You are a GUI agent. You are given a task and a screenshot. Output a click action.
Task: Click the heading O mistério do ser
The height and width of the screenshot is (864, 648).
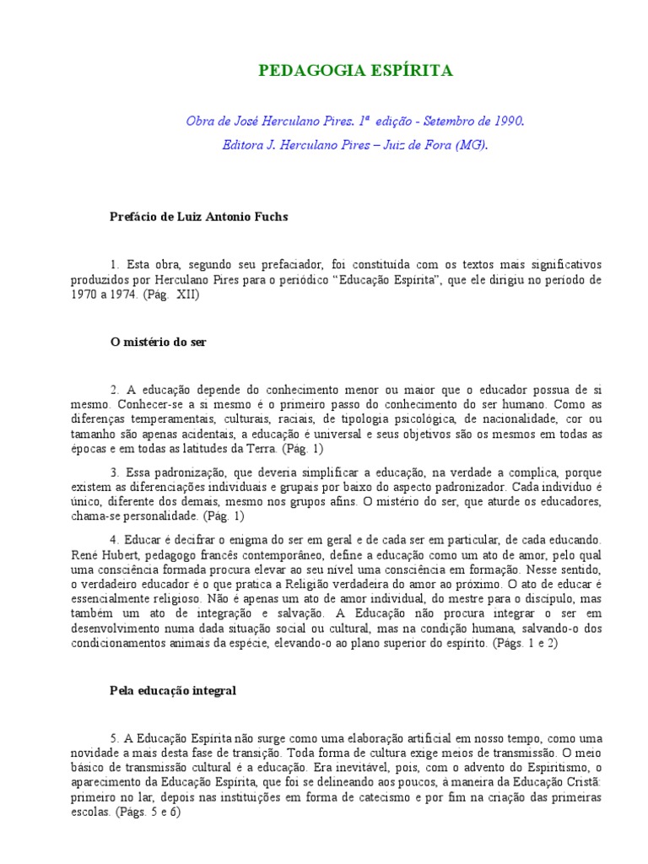159,343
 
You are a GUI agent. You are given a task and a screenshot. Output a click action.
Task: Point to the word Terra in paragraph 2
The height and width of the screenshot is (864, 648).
251,449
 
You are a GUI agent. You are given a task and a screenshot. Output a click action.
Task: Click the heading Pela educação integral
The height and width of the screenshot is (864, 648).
173,689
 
